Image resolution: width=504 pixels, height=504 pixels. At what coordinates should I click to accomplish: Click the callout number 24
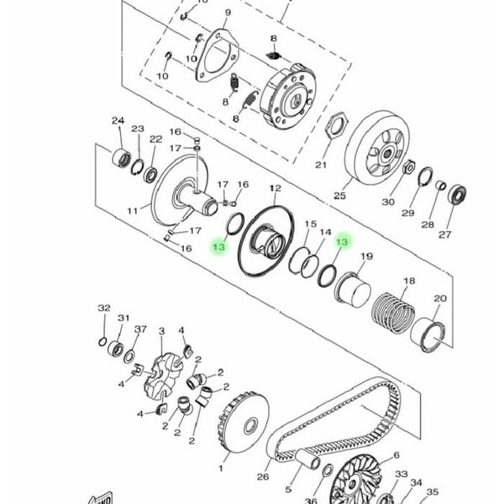point(118,121)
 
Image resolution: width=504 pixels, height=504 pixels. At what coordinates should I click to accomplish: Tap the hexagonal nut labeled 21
point(336,124)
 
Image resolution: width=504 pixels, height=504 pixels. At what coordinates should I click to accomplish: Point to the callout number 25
point(339,195)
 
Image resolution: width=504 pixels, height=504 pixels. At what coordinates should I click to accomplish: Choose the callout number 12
point(276,188)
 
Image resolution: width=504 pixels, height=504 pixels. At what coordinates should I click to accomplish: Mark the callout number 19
point(367,256)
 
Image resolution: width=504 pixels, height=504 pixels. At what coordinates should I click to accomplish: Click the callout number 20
point(440,298)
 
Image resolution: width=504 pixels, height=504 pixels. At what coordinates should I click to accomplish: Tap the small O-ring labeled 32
point(102,342)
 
